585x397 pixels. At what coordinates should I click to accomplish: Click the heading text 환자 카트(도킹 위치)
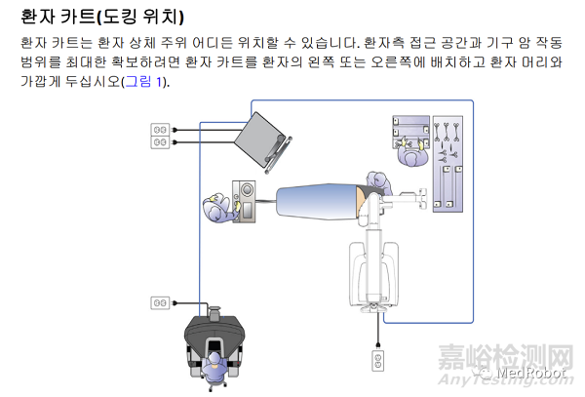[x=101, y=17]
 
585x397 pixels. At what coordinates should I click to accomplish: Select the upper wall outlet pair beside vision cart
[x=160, y=135]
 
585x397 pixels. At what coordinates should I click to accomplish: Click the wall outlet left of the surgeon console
[x=160, y=302]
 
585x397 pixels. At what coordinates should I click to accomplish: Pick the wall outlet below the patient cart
[x=376, y=361]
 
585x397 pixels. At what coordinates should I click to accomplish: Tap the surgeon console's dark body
[x=215, y=337]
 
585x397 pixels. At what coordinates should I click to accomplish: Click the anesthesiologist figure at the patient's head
[x=217, y=208]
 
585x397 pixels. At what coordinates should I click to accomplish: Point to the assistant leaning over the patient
[x=375, y=185]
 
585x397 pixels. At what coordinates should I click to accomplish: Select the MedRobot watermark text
[x=540, y=372]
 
